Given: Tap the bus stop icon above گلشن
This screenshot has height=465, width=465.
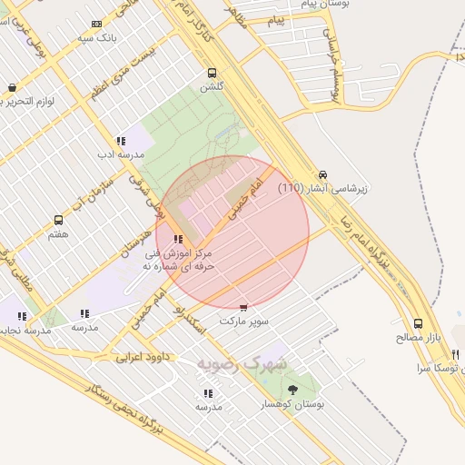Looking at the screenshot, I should [212, 74].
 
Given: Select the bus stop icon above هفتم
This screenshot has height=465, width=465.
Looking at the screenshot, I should [59, 220].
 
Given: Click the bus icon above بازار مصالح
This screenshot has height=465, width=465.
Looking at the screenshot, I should [418, 322].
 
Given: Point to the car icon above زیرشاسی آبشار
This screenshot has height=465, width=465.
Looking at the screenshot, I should [322, 174].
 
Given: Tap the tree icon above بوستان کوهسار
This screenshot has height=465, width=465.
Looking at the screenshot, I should [292, 389].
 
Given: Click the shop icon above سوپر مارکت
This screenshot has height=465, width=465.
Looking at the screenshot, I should [242, 308].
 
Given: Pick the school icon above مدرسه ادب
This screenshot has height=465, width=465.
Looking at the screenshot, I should [120, 141].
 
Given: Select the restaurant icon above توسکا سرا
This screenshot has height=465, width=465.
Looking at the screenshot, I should [456, 354].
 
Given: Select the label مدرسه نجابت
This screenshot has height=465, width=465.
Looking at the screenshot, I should [27, 331].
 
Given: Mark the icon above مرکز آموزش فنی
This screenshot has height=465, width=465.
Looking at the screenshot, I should [178, 240].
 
